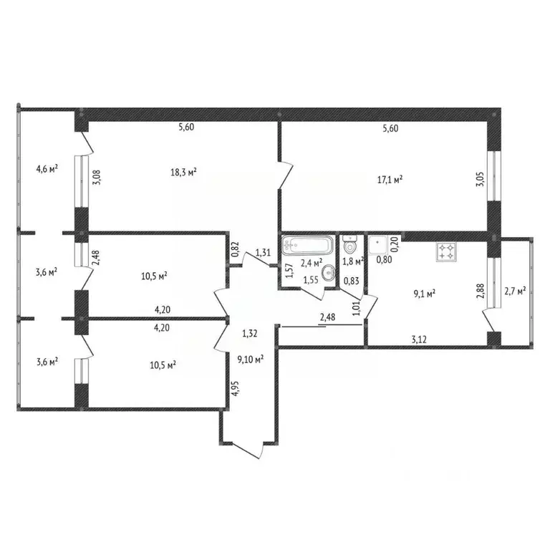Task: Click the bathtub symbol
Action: click(x=307, y=245)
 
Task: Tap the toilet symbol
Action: click(x=350, y=244)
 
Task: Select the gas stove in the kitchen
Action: click(x=446, y=252)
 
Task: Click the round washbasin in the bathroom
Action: click(x=328, y=272)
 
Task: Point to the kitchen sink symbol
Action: click(x=378, y=245)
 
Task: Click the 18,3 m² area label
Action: click(x=183, y=172)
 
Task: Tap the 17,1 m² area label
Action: click(x=390, y=180)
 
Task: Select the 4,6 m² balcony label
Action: click(x=47, y=169)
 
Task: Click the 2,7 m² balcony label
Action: click(x=515, y=291)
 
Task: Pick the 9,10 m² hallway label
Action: click(x=251, y=360)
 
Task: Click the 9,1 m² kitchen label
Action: click(x=425, y=293)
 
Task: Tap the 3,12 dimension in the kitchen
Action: click(x=419, y=339)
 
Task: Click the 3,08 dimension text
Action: click(x=97, y=178)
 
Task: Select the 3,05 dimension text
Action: click(x=480, y=179)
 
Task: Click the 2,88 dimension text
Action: click(x=481, y=291)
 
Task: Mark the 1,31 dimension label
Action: click(x=263, y=252)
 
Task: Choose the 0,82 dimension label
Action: click(x=236, y=249)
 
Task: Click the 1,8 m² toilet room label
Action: click(x=353, y=261)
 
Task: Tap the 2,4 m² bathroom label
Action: click(x=312, y=263)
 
